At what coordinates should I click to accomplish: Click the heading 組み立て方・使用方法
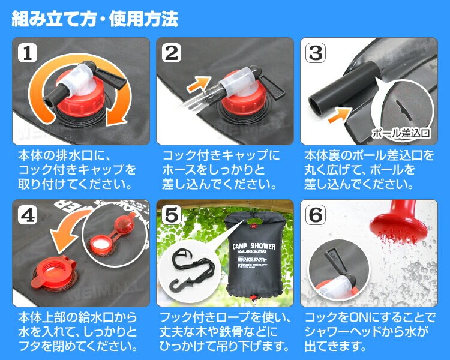click(x=95, y=19)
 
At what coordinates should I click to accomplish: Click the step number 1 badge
click(x=26, y=53)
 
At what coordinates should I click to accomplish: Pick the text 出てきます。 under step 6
click(x=336, y=346)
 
